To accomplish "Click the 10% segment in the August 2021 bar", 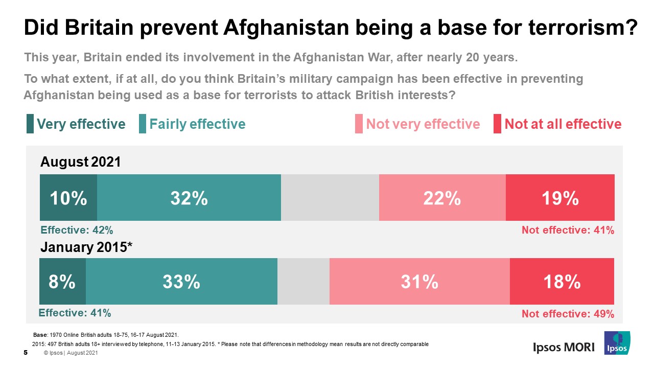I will coord(68,198).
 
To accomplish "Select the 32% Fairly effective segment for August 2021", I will coord(189,198).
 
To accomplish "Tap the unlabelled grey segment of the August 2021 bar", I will coord(330,198).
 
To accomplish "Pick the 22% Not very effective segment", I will coord(442,198).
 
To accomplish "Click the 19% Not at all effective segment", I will coord(560,198).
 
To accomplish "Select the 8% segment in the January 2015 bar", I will coord(62,282).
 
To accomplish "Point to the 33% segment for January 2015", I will coord(181,282).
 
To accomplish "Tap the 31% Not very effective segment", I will coord(419,282).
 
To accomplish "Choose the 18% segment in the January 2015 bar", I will coord(562,282).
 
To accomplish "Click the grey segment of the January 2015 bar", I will coord(303,282).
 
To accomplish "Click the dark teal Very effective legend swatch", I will coord(30,124).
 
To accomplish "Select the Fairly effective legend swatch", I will coord(143,124).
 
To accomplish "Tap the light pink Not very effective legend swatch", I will coord(358,124).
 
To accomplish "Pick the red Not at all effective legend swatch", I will coord(497,124).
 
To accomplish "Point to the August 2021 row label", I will coord(81,163).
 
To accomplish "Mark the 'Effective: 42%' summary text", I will coord(77,230).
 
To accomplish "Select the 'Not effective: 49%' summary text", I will coord(568,314).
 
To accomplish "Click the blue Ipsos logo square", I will coord(617,343).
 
